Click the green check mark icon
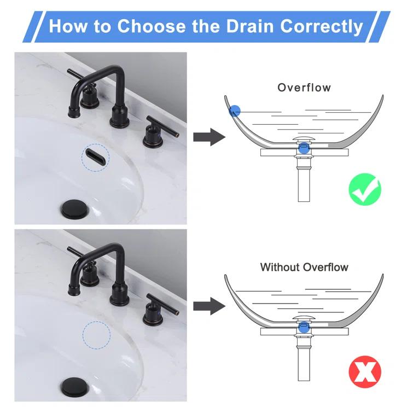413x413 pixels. coord(365,189)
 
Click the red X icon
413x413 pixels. coord(365,372)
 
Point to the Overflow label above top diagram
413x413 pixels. coord(304,88)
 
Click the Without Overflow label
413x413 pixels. coord(304,267)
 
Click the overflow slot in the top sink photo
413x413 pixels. coord(95,156)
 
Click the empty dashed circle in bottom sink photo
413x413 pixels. coord(96,334)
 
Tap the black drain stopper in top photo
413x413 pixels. coord(75,209)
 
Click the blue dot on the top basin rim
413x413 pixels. coord(234,111)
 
